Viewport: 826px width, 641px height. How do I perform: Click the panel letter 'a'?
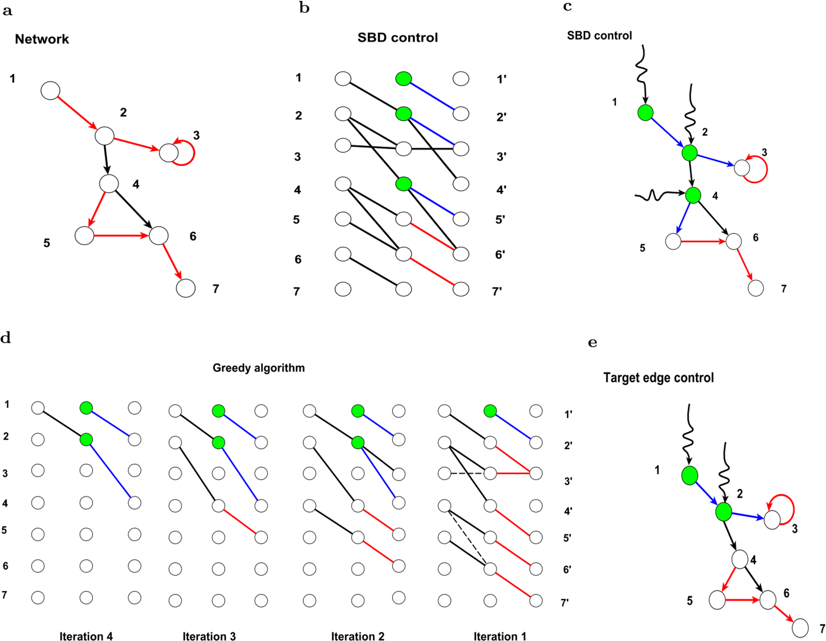click(7, 11)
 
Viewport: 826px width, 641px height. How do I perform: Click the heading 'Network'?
click(42, 39)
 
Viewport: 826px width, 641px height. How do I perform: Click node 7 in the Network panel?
click(186, 288)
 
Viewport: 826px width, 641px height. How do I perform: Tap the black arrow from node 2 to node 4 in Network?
click(107, 159)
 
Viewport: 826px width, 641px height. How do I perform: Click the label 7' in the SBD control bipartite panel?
click(497, 291)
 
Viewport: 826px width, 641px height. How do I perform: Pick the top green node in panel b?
click(403, 79)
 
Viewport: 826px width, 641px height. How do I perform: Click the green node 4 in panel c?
click(693, 194)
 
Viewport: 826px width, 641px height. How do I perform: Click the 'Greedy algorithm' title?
click(259, 368)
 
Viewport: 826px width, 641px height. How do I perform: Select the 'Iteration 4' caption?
click(86, 636)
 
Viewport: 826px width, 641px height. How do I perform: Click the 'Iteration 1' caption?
click(499, 636)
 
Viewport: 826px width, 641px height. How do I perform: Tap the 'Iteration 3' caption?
click(209, 636)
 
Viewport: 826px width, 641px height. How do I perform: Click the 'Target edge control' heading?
click(658, 378)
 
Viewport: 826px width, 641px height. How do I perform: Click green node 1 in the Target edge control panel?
click(690, 475)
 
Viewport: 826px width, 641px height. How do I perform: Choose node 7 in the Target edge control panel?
click(800, 628)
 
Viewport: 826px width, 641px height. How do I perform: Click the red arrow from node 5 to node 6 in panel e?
click(742, 600)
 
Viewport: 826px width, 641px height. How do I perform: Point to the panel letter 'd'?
click(6, 338)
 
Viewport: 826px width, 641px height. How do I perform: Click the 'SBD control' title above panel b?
click(397, 38)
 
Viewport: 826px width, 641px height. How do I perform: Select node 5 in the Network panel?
click(84, 235)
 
